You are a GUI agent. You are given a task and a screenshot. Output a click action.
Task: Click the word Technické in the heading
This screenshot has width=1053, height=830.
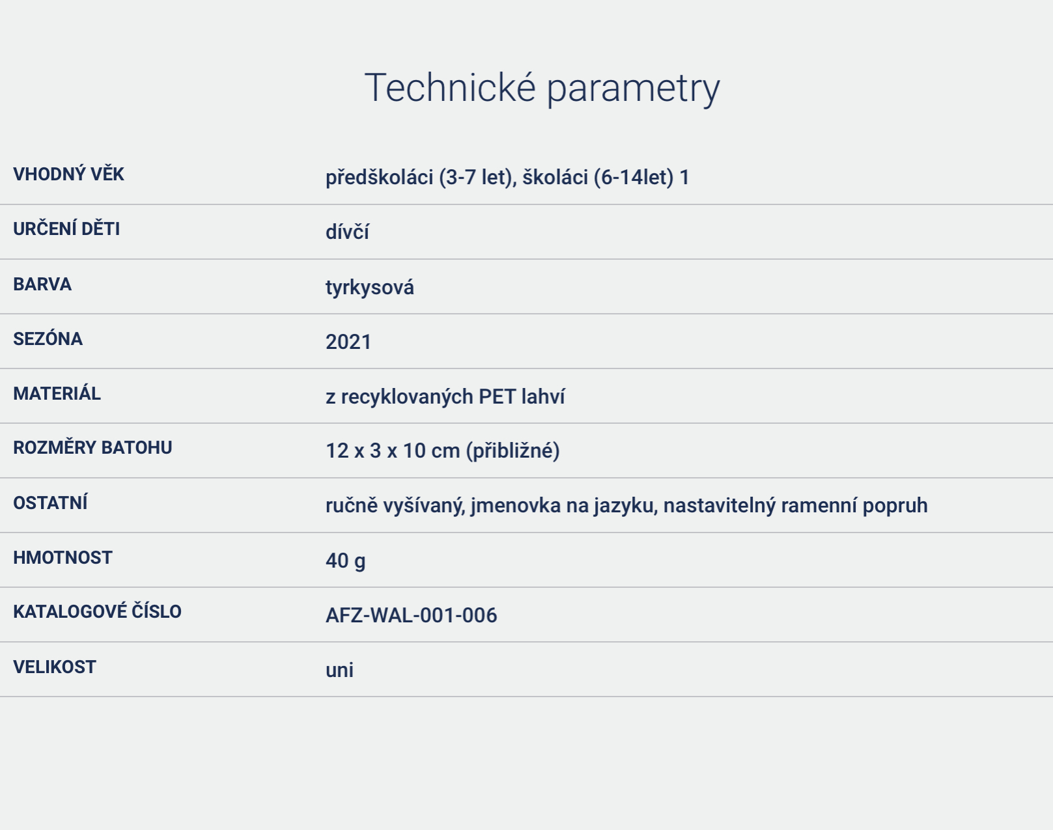pyautogui.click(x=450, y=87)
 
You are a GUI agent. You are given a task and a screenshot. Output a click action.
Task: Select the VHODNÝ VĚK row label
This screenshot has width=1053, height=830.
pyautogui.click(x=68, y=174)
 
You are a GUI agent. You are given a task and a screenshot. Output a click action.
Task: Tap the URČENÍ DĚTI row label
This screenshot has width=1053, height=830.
pyautogui.click(x=66, y=228)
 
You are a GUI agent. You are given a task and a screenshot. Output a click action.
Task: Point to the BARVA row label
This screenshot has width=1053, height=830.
pyautogui.click(x=42, y=284)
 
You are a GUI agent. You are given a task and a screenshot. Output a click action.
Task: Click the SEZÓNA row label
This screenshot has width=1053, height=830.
pyautogui.click(x=48, y=339)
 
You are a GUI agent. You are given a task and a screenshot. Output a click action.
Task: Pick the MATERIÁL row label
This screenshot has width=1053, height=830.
pyautogui.click(x=57, y=393)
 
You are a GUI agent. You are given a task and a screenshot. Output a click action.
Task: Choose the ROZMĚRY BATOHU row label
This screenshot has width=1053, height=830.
pyautogui.click(x=92, y=447)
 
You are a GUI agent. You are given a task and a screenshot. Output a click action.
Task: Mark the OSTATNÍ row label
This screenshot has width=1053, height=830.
pyautogui.click(x=50, y=503)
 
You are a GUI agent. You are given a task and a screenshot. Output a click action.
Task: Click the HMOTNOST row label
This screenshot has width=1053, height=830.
pyautogui.click(x=63, y=558)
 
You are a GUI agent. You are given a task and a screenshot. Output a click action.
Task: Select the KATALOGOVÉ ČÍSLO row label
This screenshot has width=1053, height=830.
pyautogui.click(x=98, y=611)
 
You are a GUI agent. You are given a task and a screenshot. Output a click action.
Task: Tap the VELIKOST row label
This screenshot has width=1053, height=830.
pyautogui.click(x=55, y=667)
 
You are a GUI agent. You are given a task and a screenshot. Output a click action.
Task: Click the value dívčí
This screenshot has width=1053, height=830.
pyautogui.click(x=347, y=231)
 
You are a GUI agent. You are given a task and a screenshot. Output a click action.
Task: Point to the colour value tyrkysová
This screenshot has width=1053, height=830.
pyautogui.click(x=370, y=288)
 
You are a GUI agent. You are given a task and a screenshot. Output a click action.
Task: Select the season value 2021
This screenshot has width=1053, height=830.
pyautogui.click(x=348, y=342)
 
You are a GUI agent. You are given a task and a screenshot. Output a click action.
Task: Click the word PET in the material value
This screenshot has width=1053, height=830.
pyautogui.click(x=497, y=396)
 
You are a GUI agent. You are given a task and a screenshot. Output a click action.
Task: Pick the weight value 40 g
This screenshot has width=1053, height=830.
pyautogui.click(x=345, y=561)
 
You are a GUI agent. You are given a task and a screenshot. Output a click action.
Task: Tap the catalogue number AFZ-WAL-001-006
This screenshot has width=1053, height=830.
pyautogui.click(x=412, y=615)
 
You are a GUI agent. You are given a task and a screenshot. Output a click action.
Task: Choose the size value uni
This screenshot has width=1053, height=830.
pyautogui.click(x=339, y=670)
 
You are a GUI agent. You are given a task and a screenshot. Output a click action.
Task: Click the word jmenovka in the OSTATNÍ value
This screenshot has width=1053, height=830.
pyautogui.click(x=516, y=506)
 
